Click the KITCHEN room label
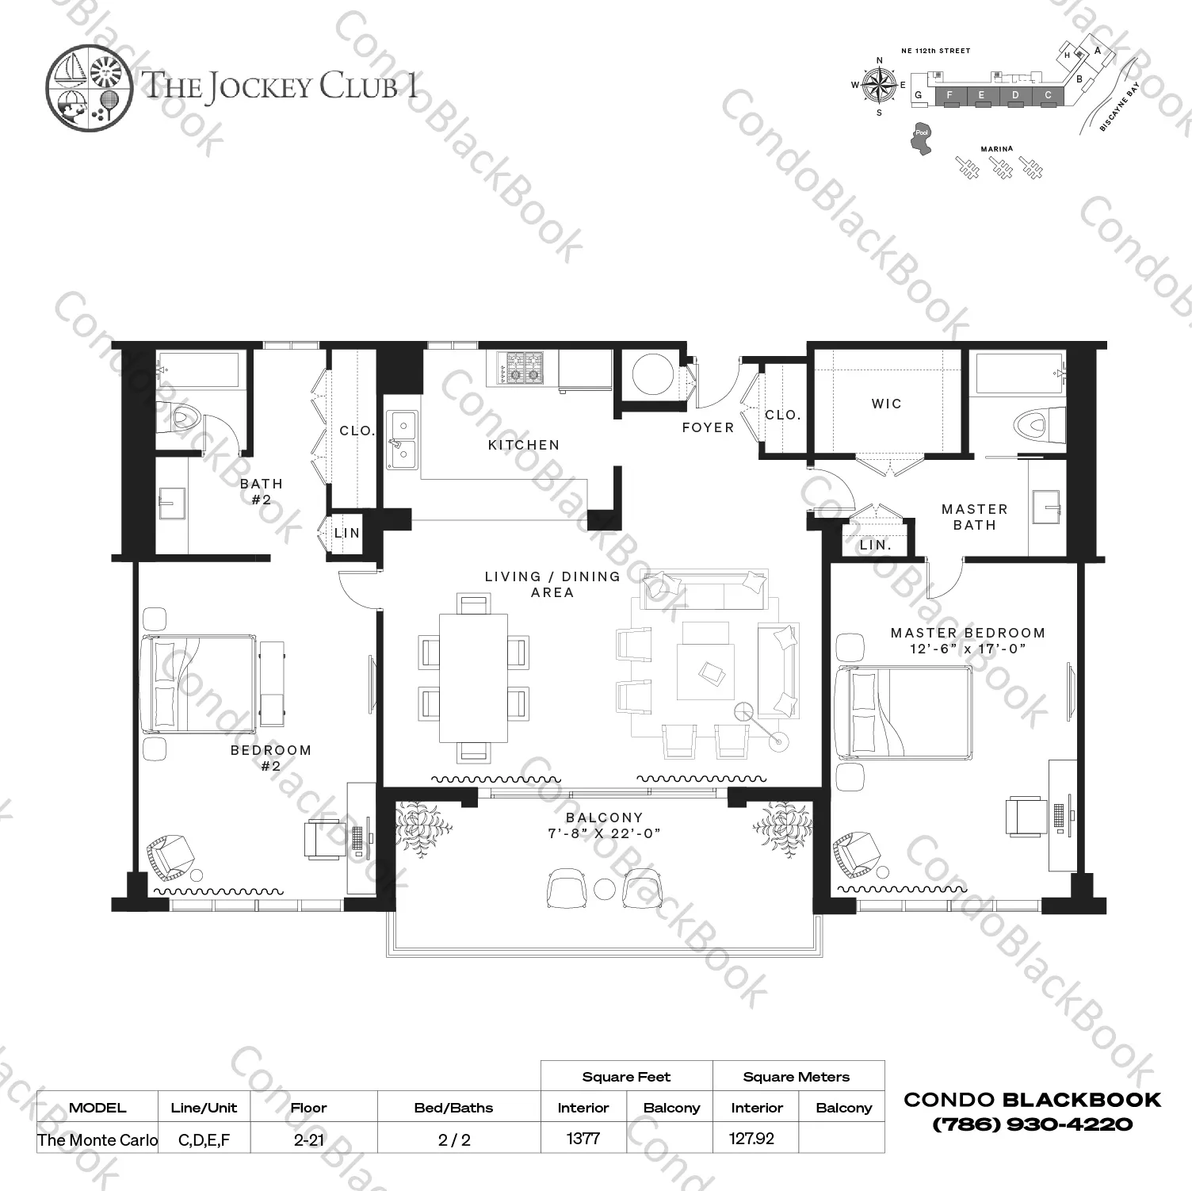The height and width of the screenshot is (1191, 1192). coord(523,445)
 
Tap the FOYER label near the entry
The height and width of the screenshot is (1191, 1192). coord(708,427)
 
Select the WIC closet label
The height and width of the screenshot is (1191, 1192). coord(886,404)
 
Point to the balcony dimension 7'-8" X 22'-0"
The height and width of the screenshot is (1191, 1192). coord(604,834)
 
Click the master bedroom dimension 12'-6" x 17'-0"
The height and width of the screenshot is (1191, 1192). coord(968,649)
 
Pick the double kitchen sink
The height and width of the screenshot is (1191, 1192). coord(401,438)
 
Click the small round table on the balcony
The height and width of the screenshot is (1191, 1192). coord(605,889)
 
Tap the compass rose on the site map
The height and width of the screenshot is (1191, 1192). coord(879,85)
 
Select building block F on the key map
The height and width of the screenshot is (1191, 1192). coord(949,96)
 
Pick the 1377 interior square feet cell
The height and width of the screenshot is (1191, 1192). coord(583,1139)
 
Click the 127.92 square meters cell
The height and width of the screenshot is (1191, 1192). coord(751,1139)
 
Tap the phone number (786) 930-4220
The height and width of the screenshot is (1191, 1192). coord(1032,1124)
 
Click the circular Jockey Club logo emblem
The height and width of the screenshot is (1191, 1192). coord(88,86)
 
